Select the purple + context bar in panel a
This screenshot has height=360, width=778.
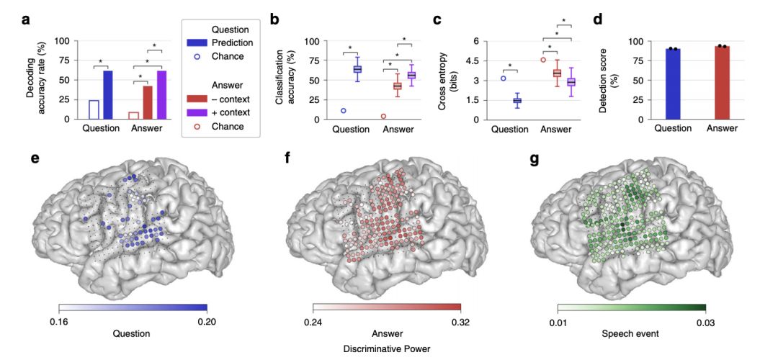(161, 94)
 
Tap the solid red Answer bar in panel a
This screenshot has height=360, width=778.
(147, 102)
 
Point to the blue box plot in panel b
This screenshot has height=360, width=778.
(357, 69)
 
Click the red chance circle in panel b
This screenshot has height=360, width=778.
(383, 116)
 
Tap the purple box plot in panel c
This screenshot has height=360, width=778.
(571, 81)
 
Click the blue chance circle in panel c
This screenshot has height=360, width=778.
(503, 78)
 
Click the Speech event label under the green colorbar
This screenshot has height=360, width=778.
(631, 333)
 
